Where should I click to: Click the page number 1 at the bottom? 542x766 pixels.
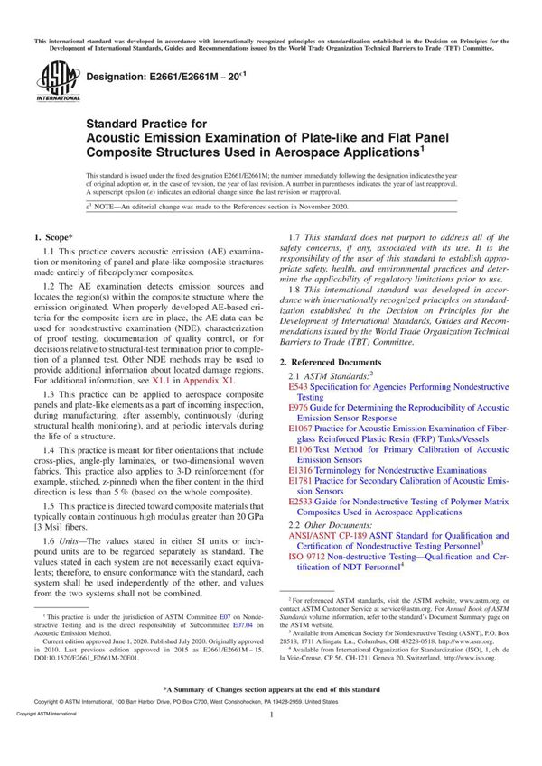click(x=271, y=740)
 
